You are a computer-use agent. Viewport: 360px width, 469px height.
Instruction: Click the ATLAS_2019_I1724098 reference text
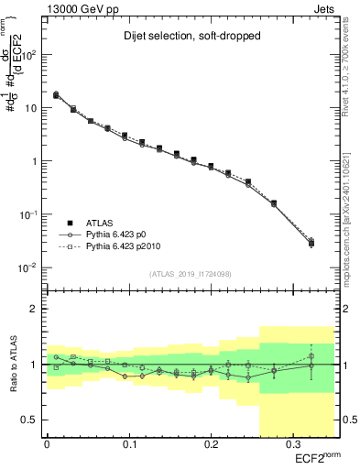click(x=190, y=274)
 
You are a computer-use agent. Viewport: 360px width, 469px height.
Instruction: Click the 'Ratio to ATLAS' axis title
click(x=13, y=364)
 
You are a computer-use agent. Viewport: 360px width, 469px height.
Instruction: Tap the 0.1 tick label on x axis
click(x=128, y=443)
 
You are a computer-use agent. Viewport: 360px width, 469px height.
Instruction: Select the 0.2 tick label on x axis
click(x=211, y=443)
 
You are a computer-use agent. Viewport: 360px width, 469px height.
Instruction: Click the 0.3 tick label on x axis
click(x=292, y=443)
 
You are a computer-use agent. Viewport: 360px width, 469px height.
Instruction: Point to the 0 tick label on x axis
click(x=47, y=443)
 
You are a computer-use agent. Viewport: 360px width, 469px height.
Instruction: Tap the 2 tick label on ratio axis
click(x=33, y=309)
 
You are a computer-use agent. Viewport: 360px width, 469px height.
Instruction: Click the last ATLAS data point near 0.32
click(x=311, y=243)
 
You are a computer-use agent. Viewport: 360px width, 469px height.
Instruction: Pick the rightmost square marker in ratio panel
click(x=311, y=356)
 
